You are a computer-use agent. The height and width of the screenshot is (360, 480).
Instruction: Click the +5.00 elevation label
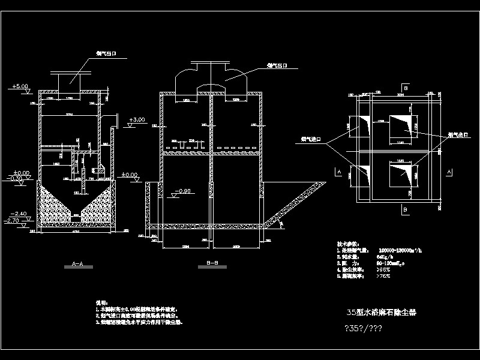pyautogui.click(x=21, y=86)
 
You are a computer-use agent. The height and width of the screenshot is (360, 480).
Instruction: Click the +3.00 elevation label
pyautogui.click(x=137, y=120)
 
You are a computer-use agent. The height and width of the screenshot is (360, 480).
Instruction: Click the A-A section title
pyautogui.click(x=75, y=265)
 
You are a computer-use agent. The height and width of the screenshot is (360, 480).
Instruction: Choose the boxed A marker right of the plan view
pyautogui.click(x=449, y=172)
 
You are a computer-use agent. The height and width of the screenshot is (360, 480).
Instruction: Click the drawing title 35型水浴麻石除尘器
pyautogui.click(x=382, y=312)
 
